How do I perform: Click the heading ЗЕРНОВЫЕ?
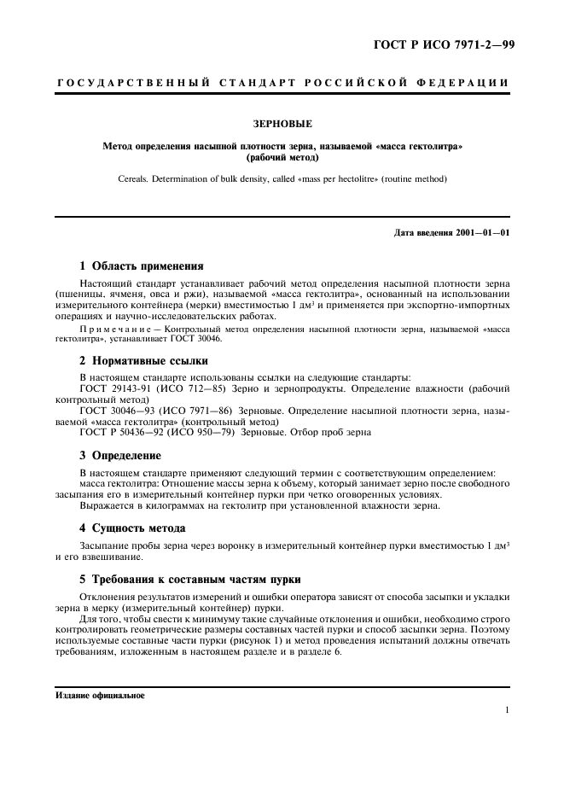click(282, 124)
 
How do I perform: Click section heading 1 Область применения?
click(141, 265)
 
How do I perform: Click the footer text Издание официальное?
click(100, 696)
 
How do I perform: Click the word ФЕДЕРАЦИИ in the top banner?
click(467, 83)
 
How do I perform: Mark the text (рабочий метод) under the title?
click(282, 158)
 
